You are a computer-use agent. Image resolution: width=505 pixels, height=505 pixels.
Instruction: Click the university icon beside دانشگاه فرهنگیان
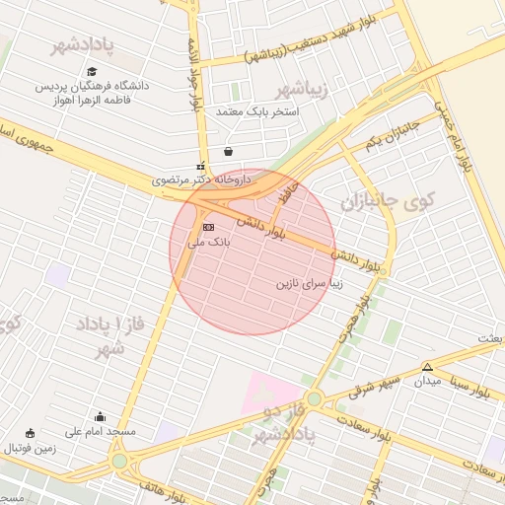pyautogui.click(x=92, y=72)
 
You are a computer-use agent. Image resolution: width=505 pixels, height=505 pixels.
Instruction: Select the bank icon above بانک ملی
pyautogui.click(x=207, y=227)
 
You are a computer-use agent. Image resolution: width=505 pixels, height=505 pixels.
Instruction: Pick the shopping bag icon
pyautogui.click(x=229, y=151)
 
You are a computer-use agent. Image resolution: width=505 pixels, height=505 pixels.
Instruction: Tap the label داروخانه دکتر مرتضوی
pyautogui.click(x=201, y=180)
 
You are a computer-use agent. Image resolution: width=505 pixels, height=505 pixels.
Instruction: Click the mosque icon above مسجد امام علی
pyautogui.click(x=100, y=417)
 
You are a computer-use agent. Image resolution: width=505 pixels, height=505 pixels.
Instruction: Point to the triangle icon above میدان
pyautogui.click(x=426, y=366)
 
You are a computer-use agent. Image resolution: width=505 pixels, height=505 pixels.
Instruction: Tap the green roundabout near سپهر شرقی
pyautogui.click(x=314, y=398)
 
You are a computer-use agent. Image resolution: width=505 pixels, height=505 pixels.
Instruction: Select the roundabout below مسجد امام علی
pyautogui.click(x=119, y=461)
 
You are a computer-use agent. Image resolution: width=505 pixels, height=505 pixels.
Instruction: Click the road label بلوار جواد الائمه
pyautogui.click(x=192, y=75)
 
